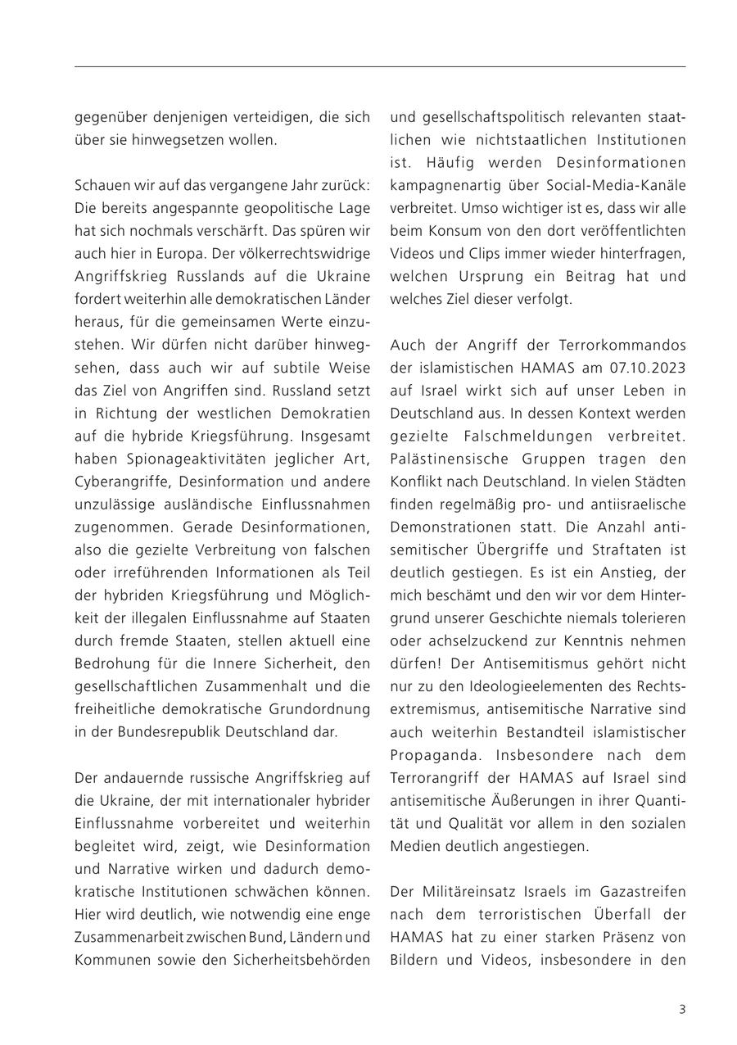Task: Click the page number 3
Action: point(681,1009)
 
